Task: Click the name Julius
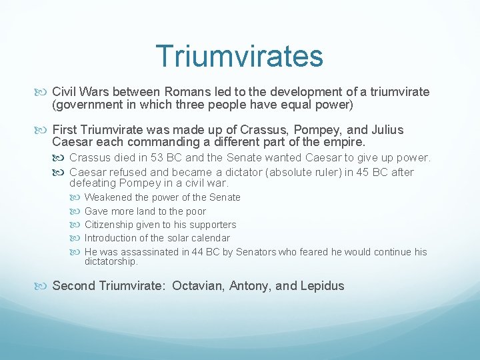[385, 129]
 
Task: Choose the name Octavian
[197, 286]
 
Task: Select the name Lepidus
[322, 286]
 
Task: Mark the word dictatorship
[111, 262]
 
